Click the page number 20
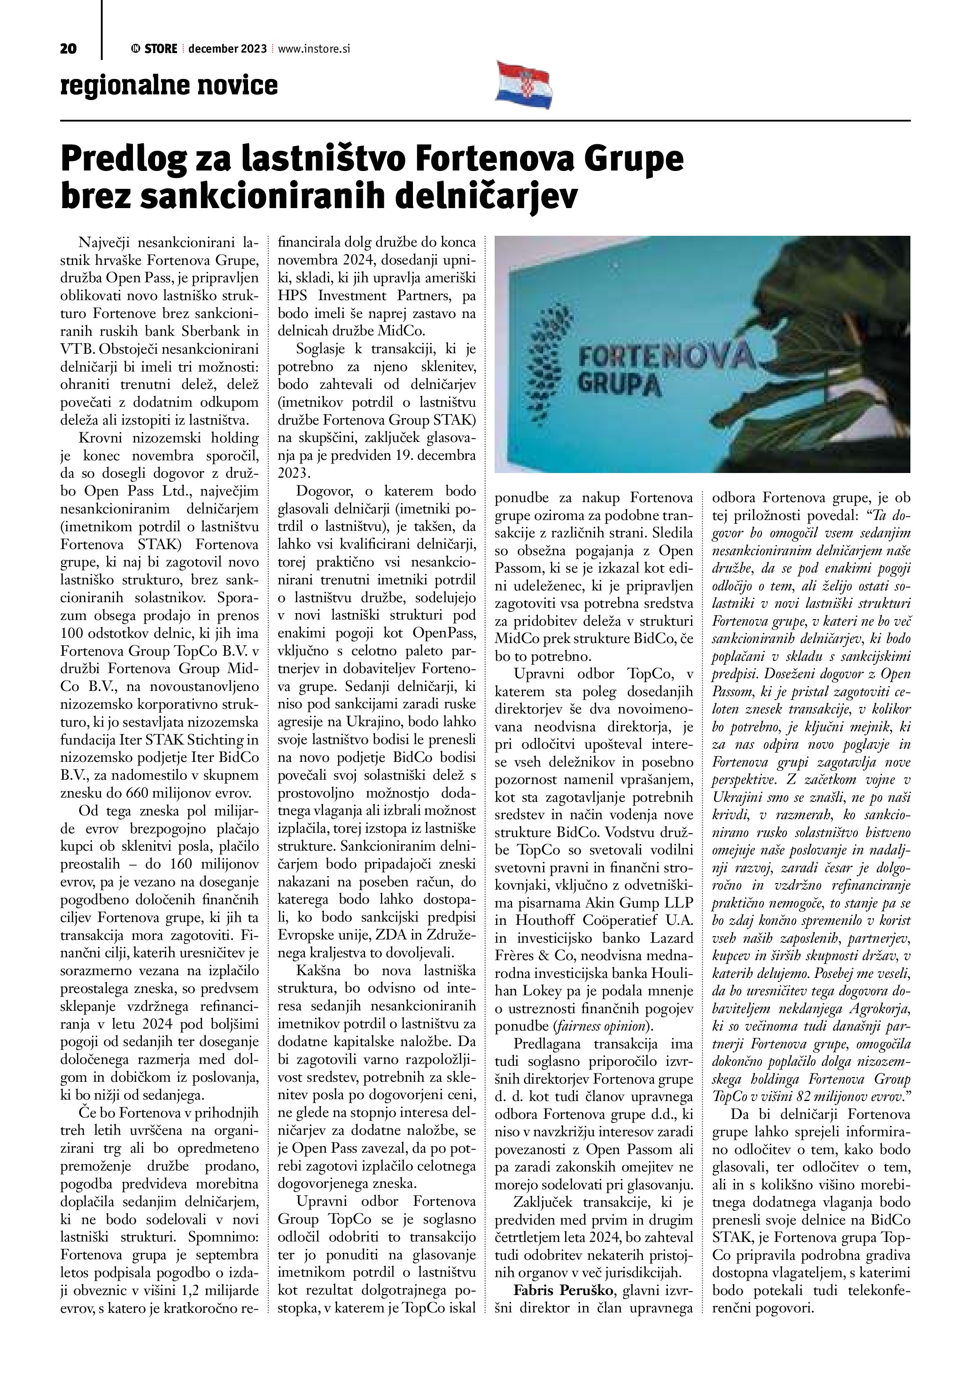(68, 49)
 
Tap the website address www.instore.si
(313, 49)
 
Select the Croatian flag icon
(523, 85)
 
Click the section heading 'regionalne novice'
(169, 85)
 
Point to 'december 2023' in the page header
(227, 49)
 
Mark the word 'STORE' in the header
(160, 49)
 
